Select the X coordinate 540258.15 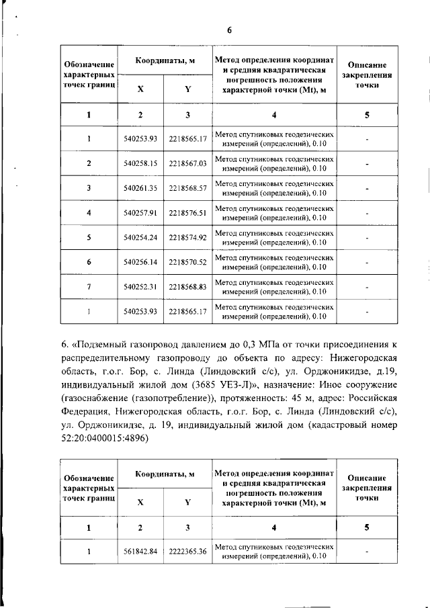coord(140,163)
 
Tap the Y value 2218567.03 coord(187,163)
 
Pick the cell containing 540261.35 coord(140,188)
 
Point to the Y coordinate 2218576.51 coord(187,213)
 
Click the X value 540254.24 coord(140,237)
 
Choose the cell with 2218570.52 coord(187,262)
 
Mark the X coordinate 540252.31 coord(140,287)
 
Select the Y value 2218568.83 coord(187,287)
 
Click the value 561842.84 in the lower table coord(140,552)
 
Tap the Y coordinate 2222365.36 coord(187,552)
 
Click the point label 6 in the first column coord(89,262)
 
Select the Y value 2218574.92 coord(187,237)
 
